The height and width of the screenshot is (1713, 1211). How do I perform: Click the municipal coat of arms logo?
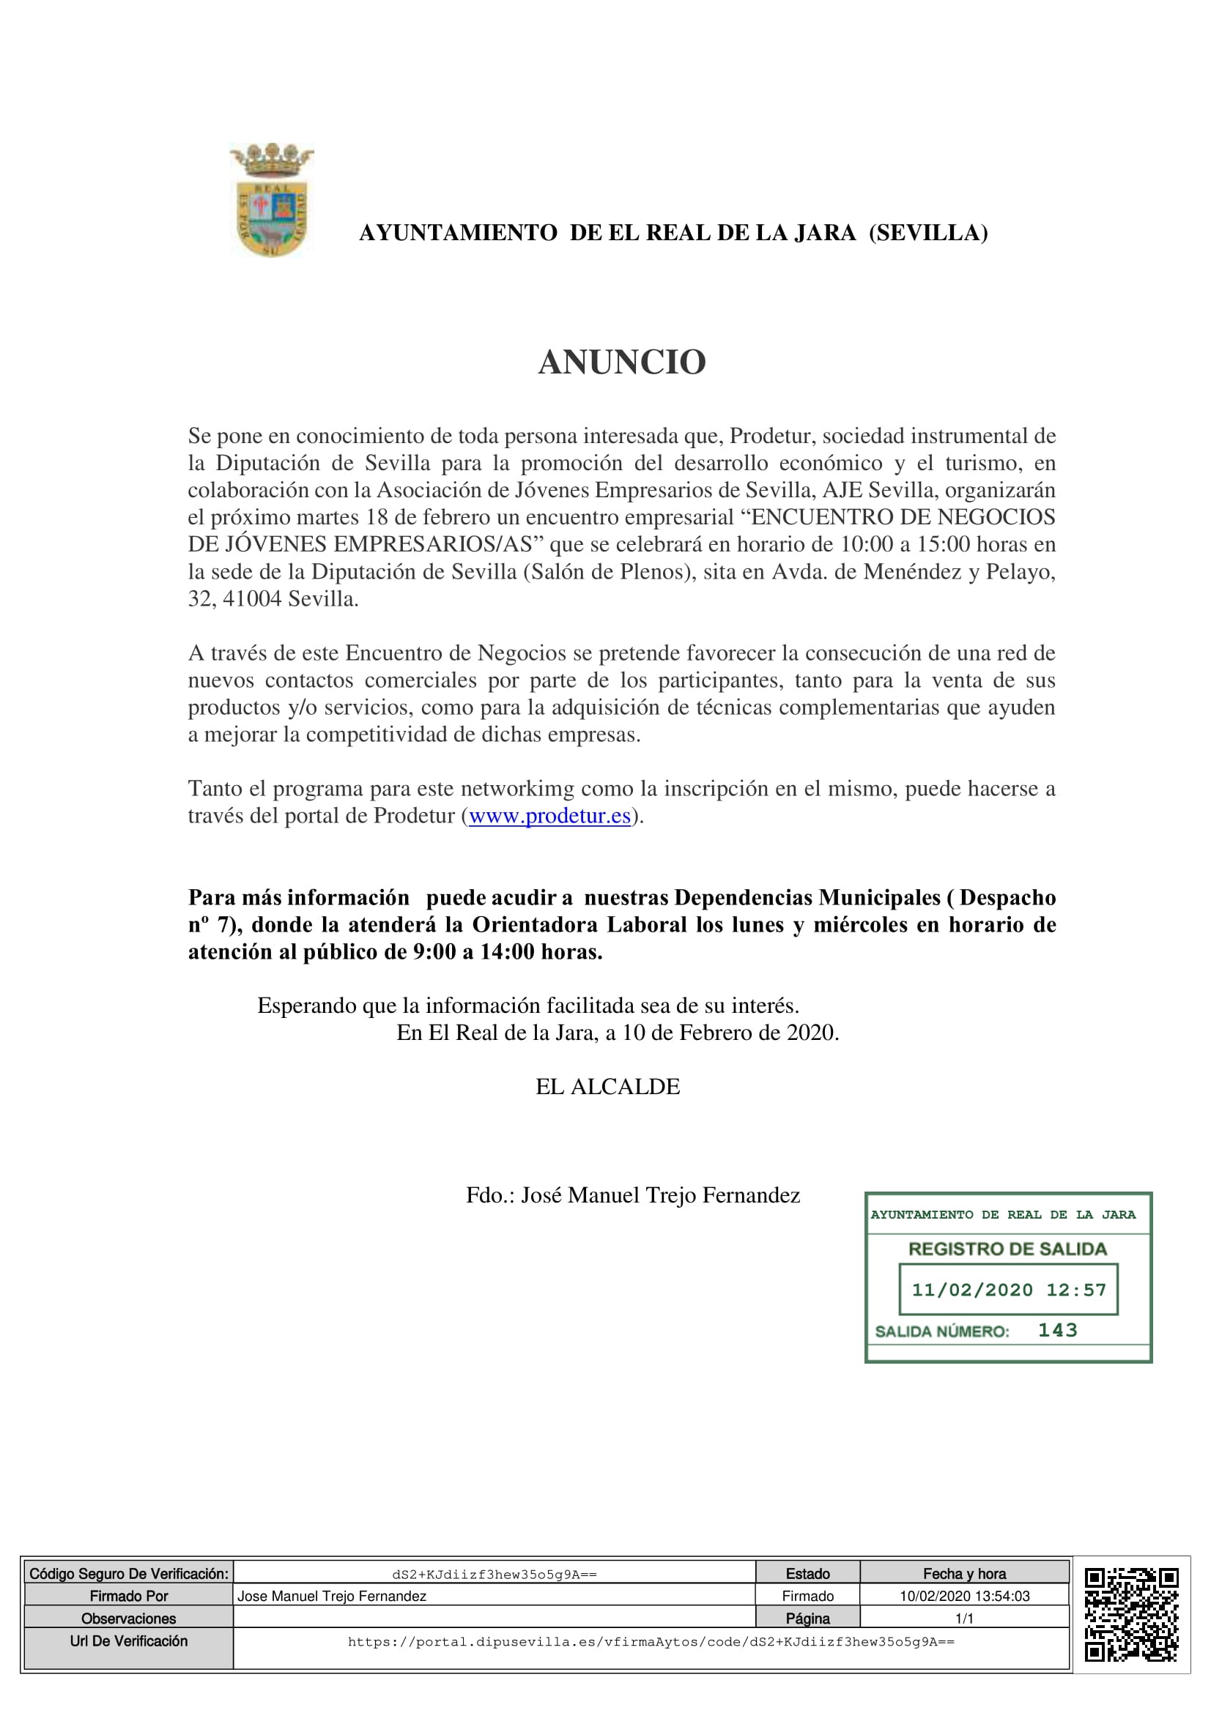pos(272,200)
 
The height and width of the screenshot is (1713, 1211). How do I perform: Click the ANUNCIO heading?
pos(621,363)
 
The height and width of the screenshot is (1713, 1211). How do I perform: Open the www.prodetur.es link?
pos(549,815)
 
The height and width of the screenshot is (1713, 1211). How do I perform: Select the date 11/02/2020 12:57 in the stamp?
pos(1009,1290)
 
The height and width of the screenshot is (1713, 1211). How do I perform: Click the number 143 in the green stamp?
pos(1057,1330)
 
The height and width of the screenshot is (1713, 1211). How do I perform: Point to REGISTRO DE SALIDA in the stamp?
pos(1007,1249)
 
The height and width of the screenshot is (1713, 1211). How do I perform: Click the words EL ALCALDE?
pos(607,1086)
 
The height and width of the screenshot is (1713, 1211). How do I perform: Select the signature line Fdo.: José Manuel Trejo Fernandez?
pos(633,1195)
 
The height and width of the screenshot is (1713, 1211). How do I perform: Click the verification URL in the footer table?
pos(651,1641)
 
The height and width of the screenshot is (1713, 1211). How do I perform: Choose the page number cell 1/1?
pos(964,1619)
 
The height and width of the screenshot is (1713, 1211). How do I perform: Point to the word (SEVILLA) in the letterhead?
pos(928,234)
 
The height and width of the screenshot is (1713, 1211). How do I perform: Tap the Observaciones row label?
pos(128,1619)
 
